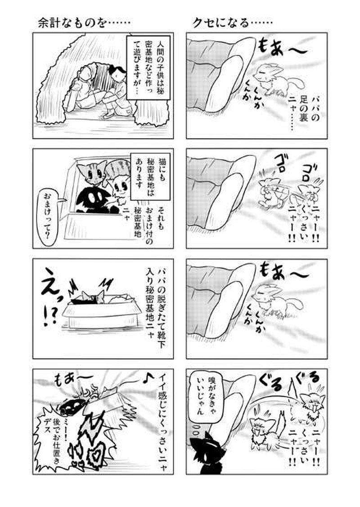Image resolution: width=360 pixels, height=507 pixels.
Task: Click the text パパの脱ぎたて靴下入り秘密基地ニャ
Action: point(154,299)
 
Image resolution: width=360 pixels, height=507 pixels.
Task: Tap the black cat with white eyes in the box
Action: point(91,198)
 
